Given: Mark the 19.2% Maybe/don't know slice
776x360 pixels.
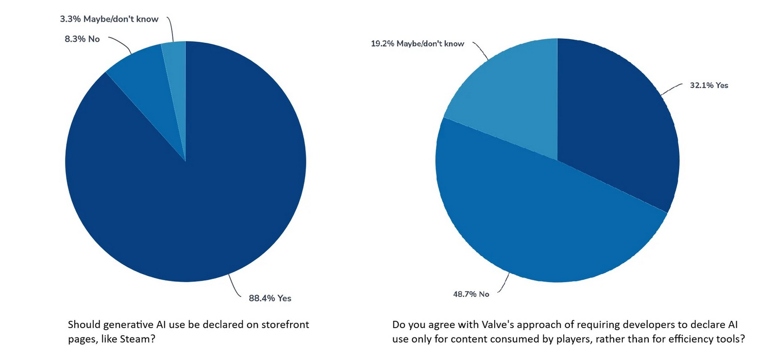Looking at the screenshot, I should pyautogui.click(x=510, y=103).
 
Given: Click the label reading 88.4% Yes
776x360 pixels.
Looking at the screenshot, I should pyautogui.click(x=270, y=298).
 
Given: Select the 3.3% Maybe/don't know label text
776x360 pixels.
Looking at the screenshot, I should pyautogui.click(x=109, y=19).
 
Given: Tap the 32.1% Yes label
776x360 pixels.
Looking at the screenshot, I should pyautogui.click(x=709, y=85).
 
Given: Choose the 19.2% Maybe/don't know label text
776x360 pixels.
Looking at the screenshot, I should pyautogui.click(x=417, y=44).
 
